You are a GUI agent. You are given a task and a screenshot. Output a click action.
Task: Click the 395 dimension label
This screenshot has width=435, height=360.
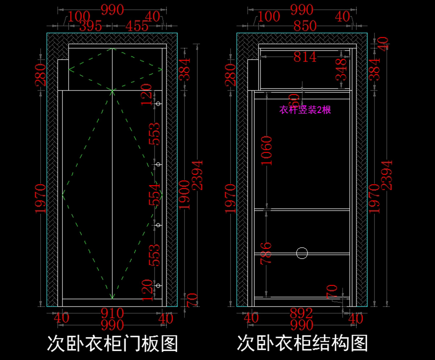91,26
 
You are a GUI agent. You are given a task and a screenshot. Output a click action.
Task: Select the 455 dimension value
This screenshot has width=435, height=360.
137,26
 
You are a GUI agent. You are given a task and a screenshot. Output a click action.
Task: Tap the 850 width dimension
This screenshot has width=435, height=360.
305,26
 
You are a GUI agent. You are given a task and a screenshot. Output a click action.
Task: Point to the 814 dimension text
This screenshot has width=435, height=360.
305,57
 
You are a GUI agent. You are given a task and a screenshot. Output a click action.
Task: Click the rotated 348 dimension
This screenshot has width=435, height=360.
341,70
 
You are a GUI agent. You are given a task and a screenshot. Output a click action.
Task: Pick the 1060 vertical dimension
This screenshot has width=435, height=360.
267,150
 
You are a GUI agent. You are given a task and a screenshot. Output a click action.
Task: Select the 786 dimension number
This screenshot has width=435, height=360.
266,253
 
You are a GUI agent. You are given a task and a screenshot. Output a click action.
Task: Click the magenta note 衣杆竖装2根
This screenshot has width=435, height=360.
305,110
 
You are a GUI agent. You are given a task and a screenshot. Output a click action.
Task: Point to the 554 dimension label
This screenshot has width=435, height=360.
154,194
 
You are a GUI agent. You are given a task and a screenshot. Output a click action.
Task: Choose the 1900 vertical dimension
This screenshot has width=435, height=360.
185,195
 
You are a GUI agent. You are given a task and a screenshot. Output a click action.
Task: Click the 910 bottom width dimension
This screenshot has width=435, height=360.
112,313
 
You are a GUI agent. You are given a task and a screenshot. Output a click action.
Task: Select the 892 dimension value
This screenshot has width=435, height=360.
302,313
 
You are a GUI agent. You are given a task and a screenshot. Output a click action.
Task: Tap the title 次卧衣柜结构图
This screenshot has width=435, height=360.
302,343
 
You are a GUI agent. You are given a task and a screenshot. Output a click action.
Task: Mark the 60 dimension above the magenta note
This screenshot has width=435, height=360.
294,100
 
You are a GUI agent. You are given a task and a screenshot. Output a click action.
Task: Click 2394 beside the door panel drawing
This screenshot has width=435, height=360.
197,175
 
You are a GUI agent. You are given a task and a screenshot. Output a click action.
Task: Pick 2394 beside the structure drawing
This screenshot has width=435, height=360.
387,175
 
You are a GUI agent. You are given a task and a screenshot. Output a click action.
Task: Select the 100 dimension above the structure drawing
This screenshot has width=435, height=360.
269,16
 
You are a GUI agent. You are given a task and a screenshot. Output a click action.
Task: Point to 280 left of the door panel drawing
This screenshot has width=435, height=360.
40,75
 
